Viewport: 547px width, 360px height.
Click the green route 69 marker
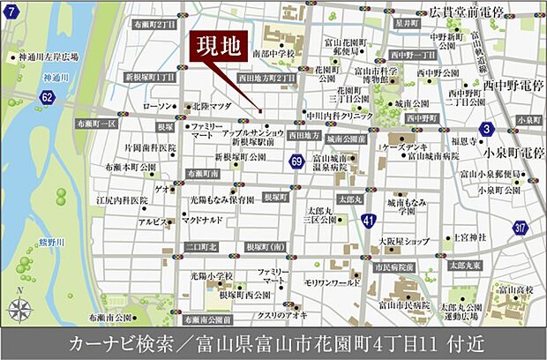coord(296,160)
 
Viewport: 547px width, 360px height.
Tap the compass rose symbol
coord(19,308)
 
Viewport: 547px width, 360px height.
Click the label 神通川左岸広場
coord(49,57)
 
